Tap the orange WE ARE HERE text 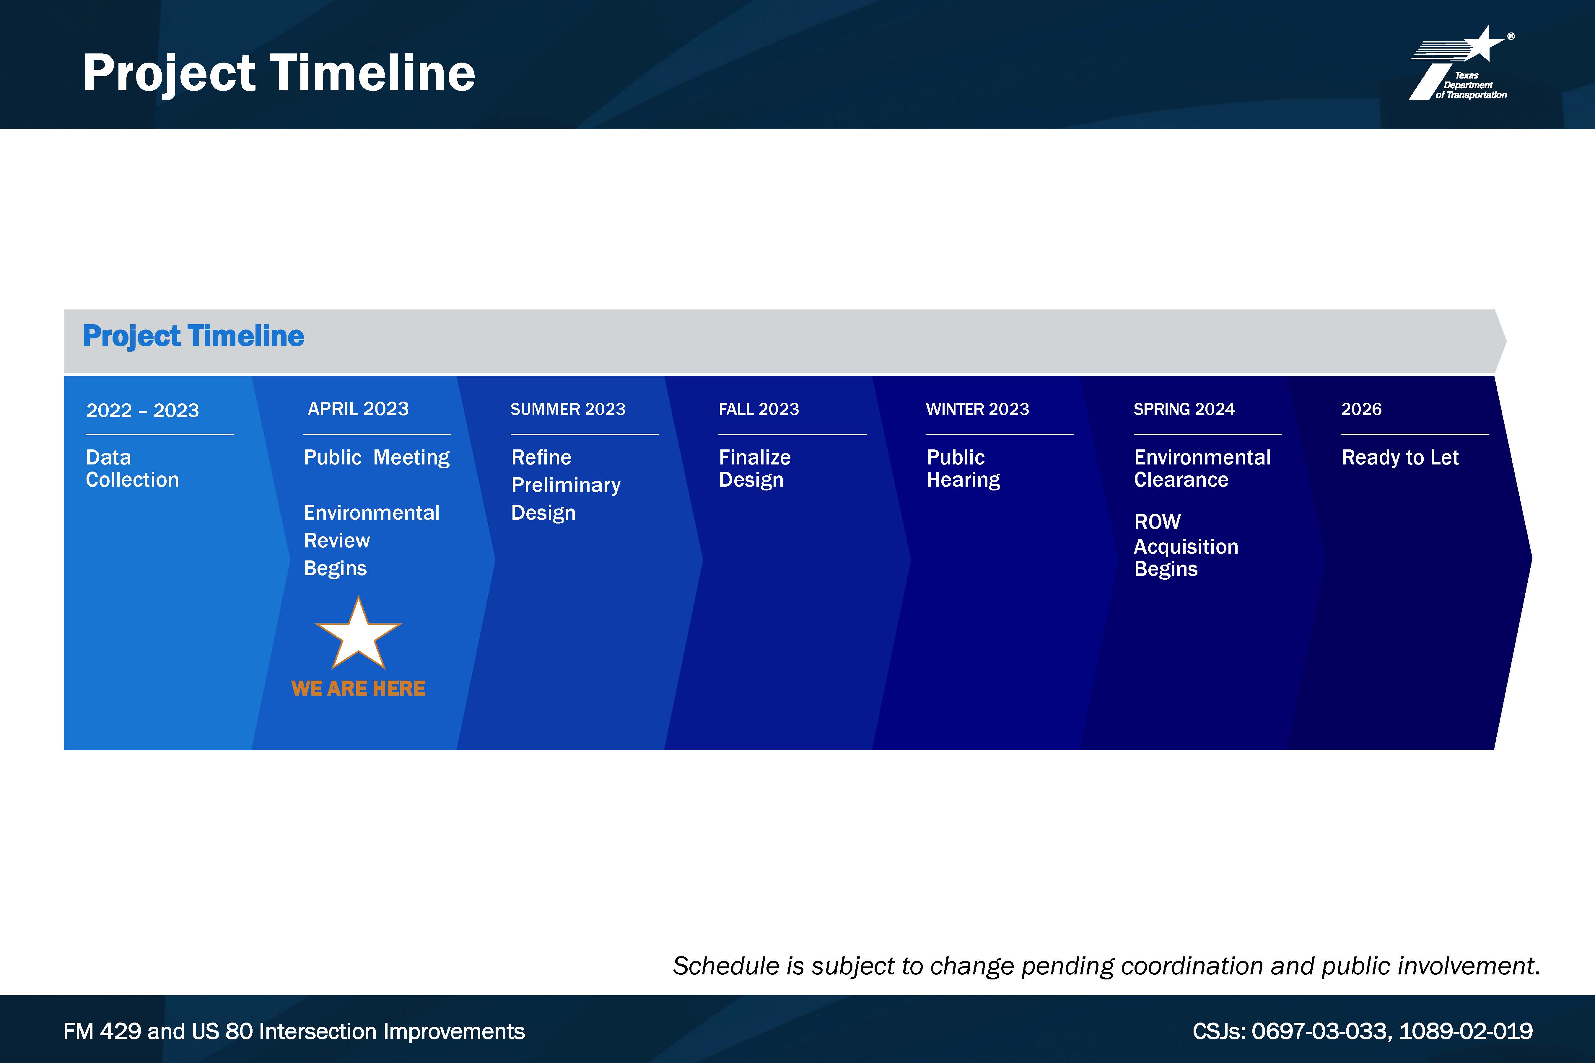pyautogui.click(x=358, y=689)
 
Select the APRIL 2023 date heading pyautogui.click(x=358, y=409)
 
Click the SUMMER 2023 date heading pyautogui.click(x=568, y=410)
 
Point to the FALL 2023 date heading pyautogui.click(x=759, y=410)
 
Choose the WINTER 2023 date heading pyautogui.click(x=977, y=410)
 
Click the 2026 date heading pyautogui.click(x=1361, y=410)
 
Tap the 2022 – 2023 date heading pyautogui.click(x=142, y=410)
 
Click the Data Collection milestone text pyautogui.click(x=132, y=468)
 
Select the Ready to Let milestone pyautogui.click(x=1400, y=458)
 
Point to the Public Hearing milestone pyautogui.click(x=963, y=468)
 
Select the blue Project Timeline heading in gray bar pyautogui.click(x=193, y=336)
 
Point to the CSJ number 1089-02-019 pyautogui.click(x=1465, y=1031)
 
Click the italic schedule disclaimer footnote pyautogui.click(x=1106, y=966)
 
